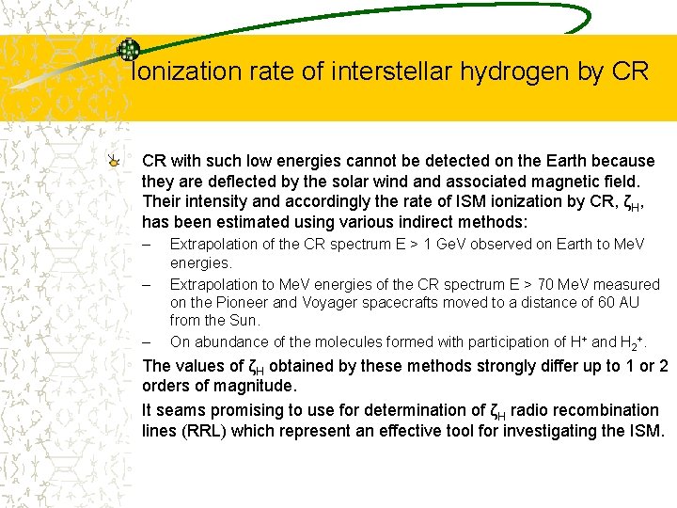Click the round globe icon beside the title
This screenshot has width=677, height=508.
point(128,51)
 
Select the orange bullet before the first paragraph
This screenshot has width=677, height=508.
point(114,162)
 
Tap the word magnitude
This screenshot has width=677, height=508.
point(253,387)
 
